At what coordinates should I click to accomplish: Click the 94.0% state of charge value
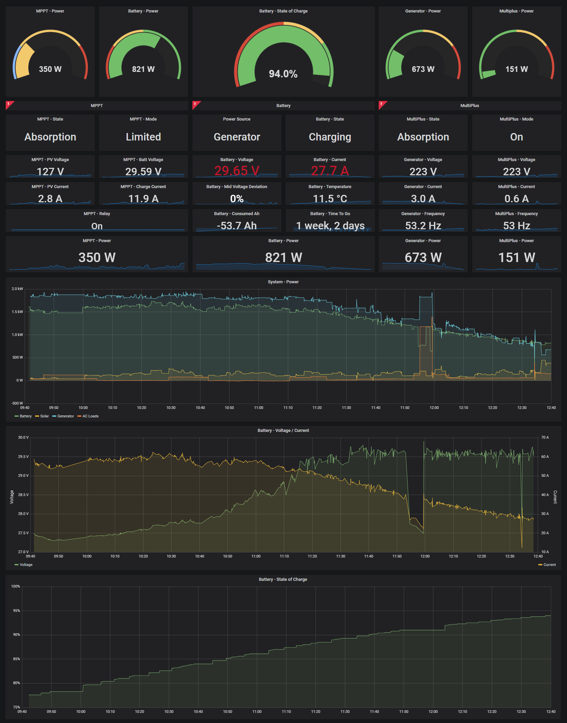pos(283,74)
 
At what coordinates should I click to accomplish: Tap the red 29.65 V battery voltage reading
pos(237,171)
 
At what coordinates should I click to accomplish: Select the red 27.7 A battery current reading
pos(330,171)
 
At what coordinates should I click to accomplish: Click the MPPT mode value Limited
pos(143,137)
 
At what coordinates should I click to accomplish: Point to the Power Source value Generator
pos(237,137)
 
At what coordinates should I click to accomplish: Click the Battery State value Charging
pos(330,137)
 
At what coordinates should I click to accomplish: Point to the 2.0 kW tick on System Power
pos(17,289)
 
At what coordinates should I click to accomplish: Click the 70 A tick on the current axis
pos(545,437)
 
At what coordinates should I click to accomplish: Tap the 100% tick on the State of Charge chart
pos(16,586)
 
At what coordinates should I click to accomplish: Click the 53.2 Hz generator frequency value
pos(423,226)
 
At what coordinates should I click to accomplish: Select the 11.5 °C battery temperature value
pos(330,199)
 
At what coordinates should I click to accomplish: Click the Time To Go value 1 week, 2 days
pos(330,226)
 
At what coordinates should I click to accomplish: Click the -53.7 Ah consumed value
pos(237,226)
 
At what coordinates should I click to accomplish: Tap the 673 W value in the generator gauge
pos(423,69)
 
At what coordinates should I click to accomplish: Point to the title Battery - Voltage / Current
pos(283,430)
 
